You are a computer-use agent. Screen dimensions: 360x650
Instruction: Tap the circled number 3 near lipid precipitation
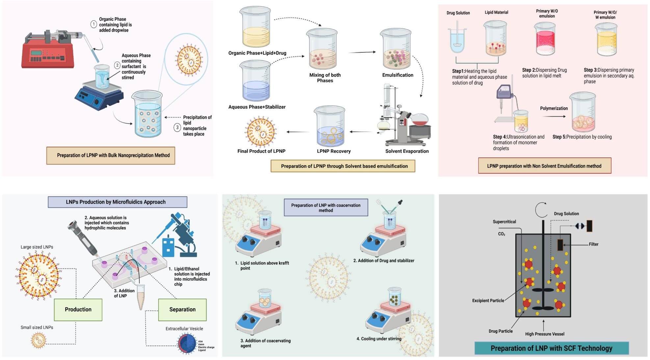click(177, 127)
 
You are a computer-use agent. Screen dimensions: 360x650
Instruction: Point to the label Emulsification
click(398, 75)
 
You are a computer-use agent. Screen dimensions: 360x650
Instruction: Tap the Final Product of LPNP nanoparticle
click(261, 131)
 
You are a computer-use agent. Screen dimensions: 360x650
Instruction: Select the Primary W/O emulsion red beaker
click(545, 39)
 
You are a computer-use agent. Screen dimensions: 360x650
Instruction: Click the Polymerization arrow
click(554, 116)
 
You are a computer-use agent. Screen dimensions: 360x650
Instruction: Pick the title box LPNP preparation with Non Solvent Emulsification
click(544, 166)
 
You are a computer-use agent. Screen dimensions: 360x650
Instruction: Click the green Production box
click(78, 309)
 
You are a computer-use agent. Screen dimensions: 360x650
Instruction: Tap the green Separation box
click(182, 309)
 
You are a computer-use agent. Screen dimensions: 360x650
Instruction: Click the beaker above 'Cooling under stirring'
click(395, 297)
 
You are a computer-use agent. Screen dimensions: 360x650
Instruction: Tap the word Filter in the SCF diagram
click(593, 244)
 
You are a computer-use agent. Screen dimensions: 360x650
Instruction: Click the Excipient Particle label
click(488, 300)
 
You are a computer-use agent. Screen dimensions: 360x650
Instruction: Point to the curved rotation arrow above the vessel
click(541, 210)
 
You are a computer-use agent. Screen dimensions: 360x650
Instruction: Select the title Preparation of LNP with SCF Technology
click(551, 348)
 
